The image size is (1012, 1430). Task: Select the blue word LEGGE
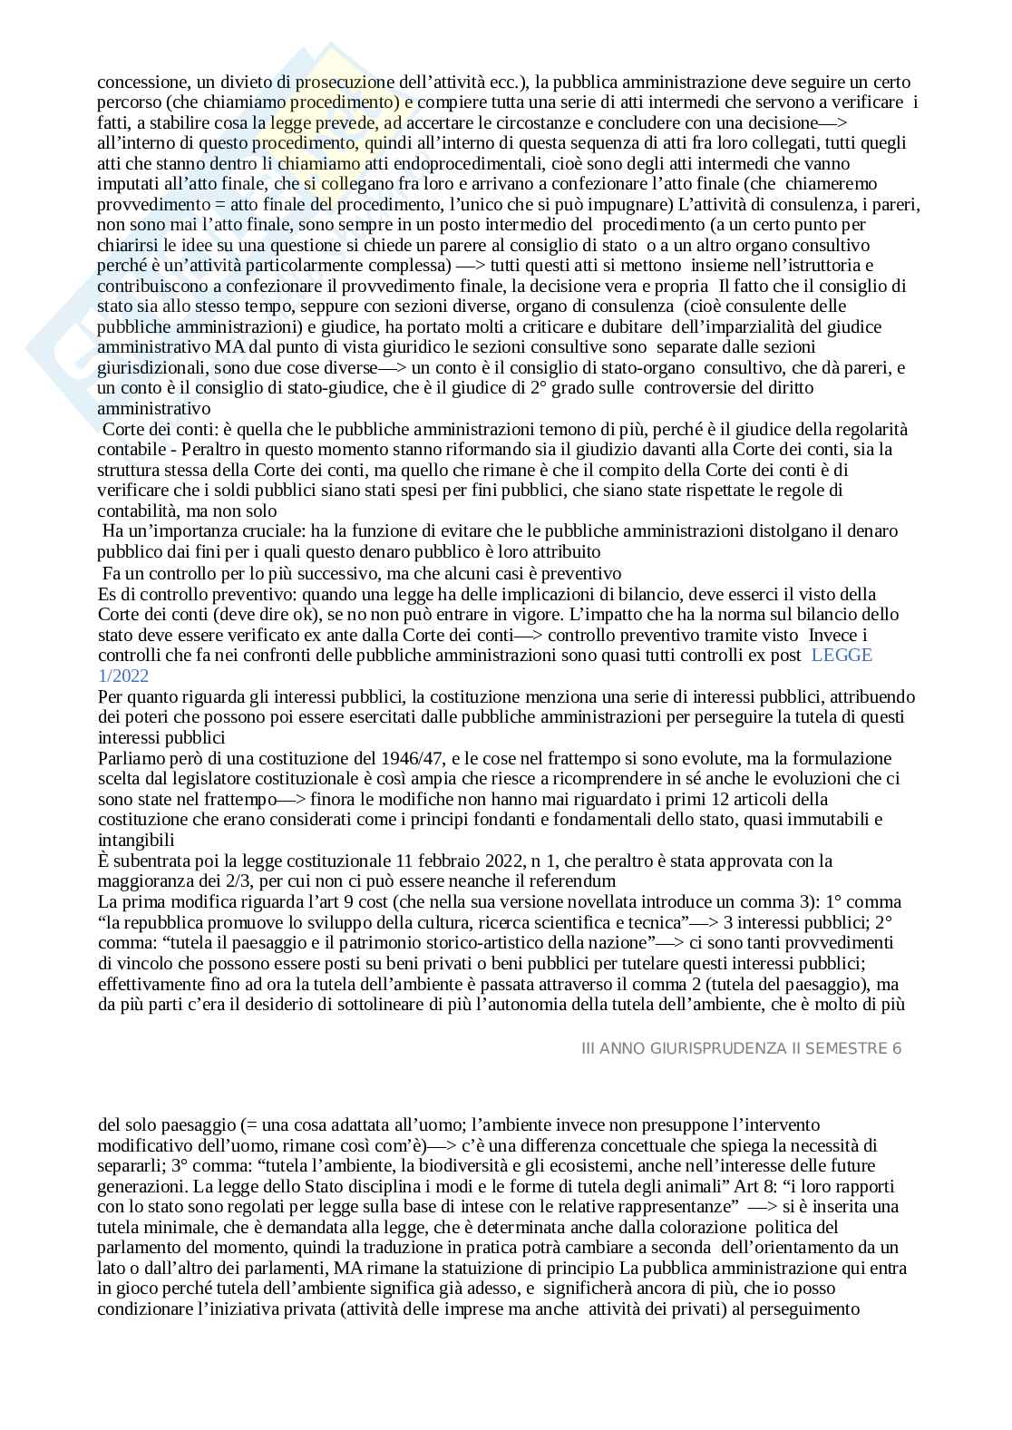(842, 656)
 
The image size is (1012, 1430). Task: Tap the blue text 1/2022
(123, 676)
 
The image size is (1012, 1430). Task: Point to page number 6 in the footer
(897, 1048)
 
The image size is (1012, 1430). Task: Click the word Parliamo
(130, 758)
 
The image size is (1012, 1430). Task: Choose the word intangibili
(136, 840)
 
